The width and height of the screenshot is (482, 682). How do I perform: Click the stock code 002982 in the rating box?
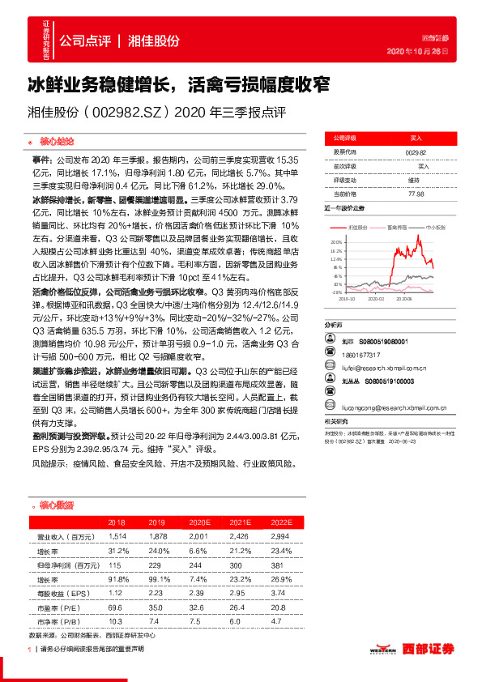(x=415, y=151)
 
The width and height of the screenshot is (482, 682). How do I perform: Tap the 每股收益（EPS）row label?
(x=62, y=593)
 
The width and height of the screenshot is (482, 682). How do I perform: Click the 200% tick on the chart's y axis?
(x=337, y=242)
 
